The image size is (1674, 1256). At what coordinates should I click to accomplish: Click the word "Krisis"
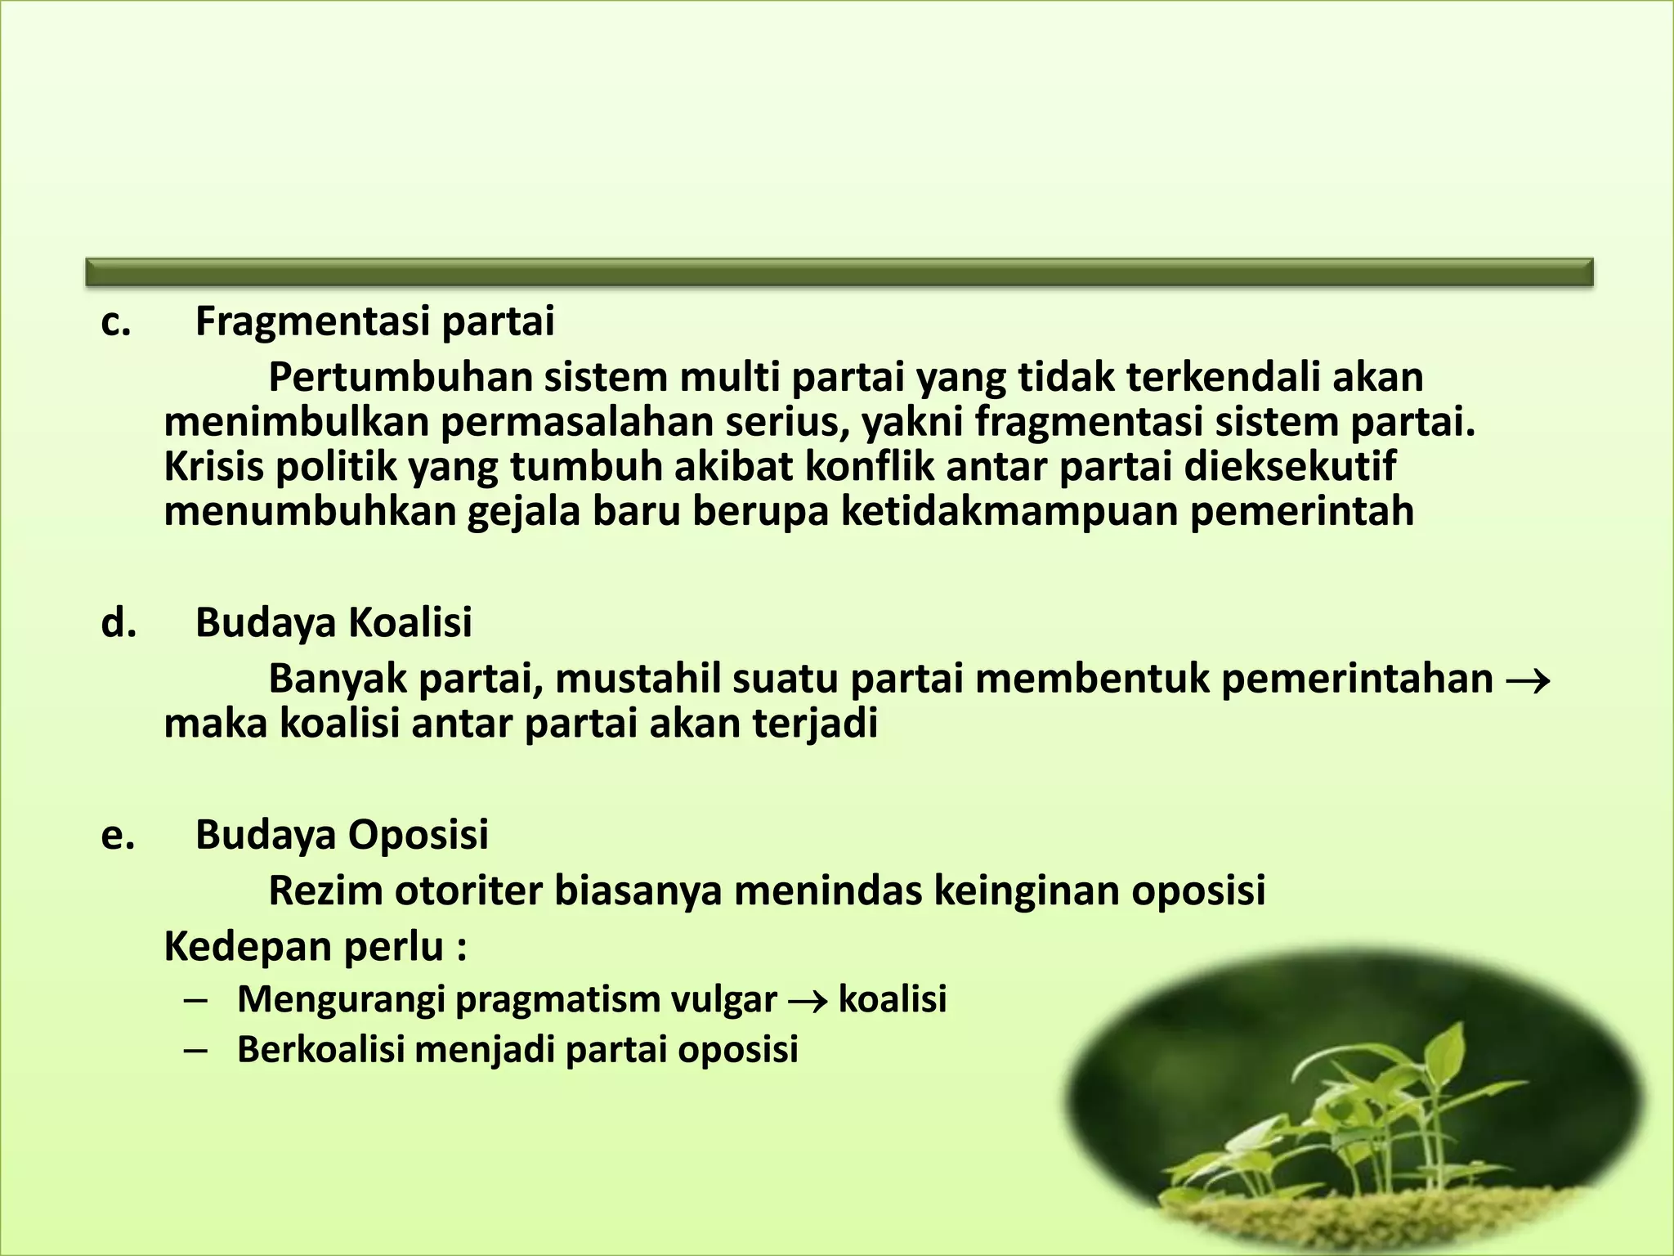[213, 467]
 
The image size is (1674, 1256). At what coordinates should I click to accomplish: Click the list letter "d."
[118, 623]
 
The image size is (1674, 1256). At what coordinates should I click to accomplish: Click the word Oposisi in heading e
[418, 836]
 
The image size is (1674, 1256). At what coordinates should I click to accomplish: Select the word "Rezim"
[325, 891]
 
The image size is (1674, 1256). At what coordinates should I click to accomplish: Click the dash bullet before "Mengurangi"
[195, 1000]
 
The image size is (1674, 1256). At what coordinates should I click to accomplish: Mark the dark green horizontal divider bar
[839, 272]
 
